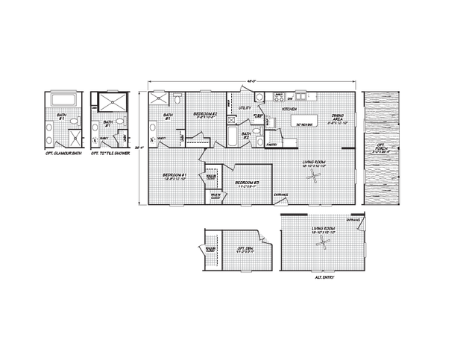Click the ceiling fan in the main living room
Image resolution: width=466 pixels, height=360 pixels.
[317, 176]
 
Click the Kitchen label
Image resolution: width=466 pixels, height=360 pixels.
[289, 109]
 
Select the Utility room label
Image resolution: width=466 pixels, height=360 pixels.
[245, 109]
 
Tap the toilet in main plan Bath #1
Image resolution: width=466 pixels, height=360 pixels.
[178, 98]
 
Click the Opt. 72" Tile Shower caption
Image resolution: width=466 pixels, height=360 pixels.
[109, 154]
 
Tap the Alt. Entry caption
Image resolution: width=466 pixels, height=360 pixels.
[323, 277]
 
